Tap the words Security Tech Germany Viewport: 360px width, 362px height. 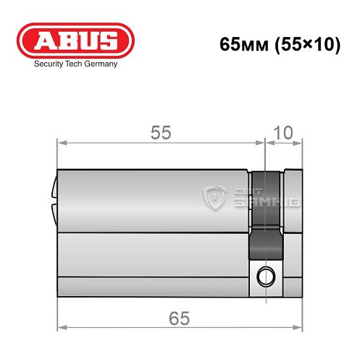75,64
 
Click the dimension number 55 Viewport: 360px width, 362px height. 161,132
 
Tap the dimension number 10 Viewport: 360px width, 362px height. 285,132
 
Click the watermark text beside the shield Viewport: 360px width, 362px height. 250,195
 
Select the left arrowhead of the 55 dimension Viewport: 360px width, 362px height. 61,143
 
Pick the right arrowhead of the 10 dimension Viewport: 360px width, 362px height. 298,143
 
